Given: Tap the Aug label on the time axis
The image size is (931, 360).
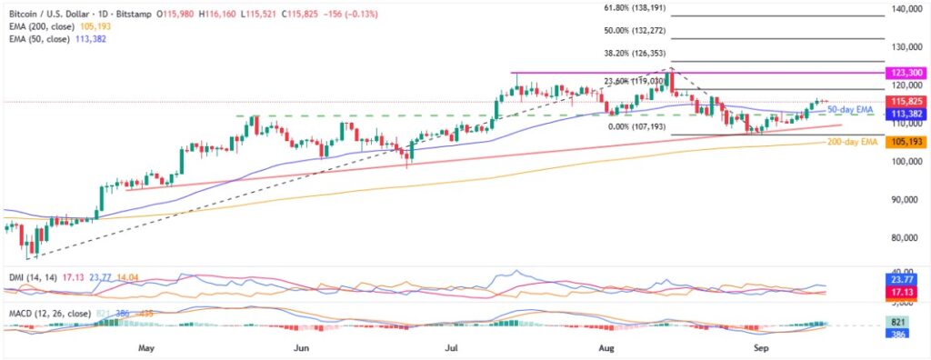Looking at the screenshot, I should (607, 347).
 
